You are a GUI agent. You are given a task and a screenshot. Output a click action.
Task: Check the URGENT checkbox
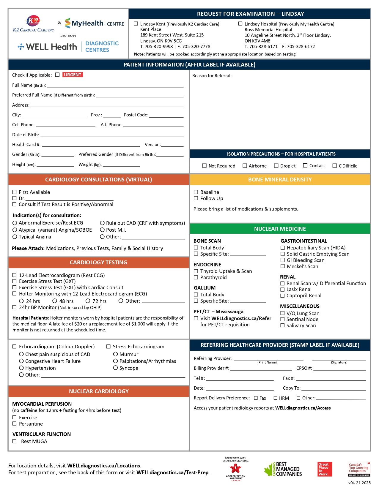coord(57,75)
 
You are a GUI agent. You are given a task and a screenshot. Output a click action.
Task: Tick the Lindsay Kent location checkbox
coord(136,24)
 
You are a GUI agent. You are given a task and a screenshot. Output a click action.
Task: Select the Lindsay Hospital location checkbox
coord(240,24)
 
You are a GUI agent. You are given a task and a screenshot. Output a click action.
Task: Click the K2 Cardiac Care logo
coord(34,24)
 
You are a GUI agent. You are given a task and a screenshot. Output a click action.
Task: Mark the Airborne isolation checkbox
coord(245,166)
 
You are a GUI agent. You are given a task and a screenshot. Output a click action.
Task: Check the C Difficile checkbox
coord(335,166)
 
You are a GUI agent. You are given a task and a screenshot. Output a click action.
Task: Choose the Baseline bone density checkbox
coord(196,192)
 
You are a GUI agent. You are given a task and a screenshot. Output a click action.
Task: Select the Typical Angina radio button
coord(15,237)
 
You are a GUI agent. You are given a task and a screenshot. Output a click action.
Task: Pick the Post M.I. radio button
coord(102,230)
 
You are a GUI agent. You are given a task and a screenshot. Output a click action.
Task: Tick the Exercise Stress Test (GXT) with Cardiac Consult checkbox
coord(15,287)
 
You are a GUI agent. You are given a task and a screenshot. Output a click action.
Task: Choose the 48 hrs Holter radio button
coord(55,301)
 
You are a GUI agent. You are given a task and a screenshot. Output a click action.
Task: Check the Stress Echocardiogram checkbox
coord(108,347)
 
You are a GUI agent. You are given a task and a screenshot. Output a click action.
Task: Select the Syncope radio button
coord(116,368)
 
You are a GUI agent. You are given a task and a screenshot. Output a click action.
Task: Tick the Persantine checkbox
coord(15,424)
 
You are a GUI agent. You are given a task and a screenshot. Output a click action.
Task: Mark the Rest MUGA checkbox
coord(15,441)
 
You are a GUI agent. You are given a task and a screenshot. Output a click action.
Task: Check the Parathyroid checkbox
coord(196,277)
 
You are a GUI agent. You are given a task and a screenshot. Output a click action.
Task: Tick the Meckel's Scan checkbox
coord(283,266)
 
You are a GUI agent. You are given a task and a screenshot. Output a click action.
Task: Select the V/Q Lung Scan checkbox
coord(283,313)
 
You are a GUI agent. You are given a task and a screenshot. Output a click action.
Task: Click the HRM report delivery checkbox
coord(276,398)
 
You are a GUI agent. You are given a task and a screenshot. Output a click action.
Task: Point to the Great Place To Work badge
coord(325,469)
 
